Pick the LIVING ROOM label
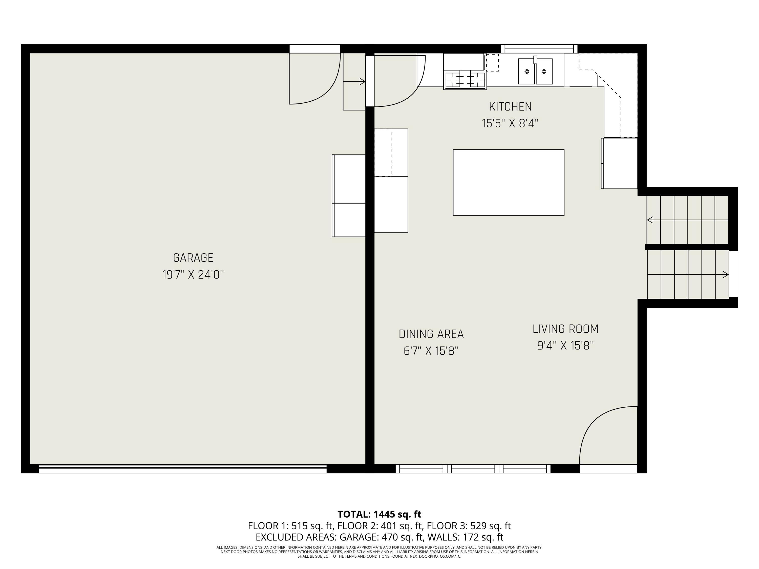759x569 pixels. click(565, 329)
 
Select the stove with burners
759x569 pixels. click(465, 80)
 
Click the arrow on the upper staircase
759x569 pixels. click(650, 220)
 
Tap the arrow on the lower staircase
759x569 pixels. click(725, 274)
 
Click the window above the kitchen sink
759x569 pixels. click(539, 49)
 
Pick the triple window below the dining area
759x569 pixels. click(473, 469)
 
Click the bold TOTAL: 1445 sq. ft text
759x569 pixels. click(379, 514)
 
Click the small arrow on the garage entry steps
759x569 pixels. click(362, 82)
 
